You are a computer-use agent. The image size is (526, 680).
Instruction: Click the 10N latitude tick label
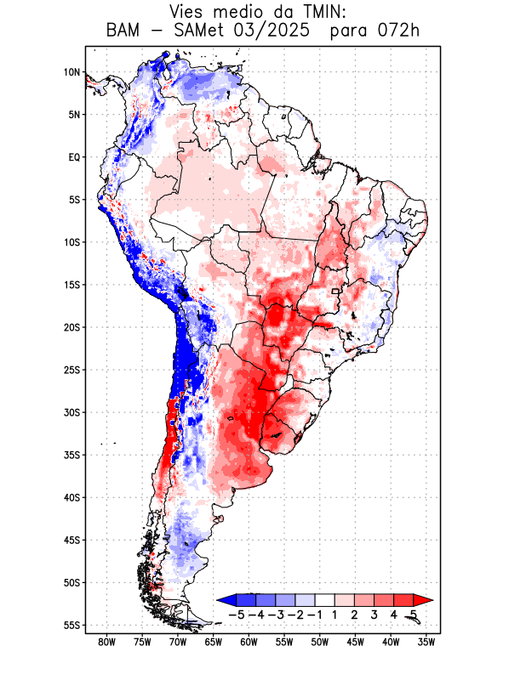point(71,72)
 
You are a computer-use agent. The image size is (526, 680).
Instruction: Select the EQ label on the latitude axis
point(74,157)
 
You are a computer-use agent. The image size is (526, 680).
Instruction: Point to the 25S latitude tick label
point(71,370)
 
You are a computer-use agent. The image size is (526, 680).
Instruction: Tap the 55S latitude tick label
point(71,625)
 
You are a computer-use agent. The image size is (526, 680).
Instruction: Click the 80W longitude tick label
point(106,642)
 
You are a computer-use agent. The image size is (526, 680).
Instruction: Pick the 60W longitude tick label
point(249,642)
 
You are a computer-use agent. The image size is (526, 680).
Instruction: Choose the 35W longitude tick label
point(426,642)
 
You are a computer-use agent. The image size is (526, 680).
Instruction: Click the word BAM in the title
point(126,32)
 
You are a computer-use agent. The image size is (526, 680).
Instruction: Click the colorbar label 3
point(374,615)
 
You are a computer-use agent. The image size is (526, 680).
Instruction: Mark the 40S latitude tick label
point(71,497)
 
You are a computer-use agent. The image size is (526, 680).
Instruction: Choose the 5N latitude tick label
point(74,115)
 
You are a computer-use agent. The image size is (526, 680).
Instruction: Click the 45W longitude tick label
point(356,642)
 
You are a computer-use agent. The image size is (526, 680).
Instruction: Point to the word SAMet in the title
point(205,32)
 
